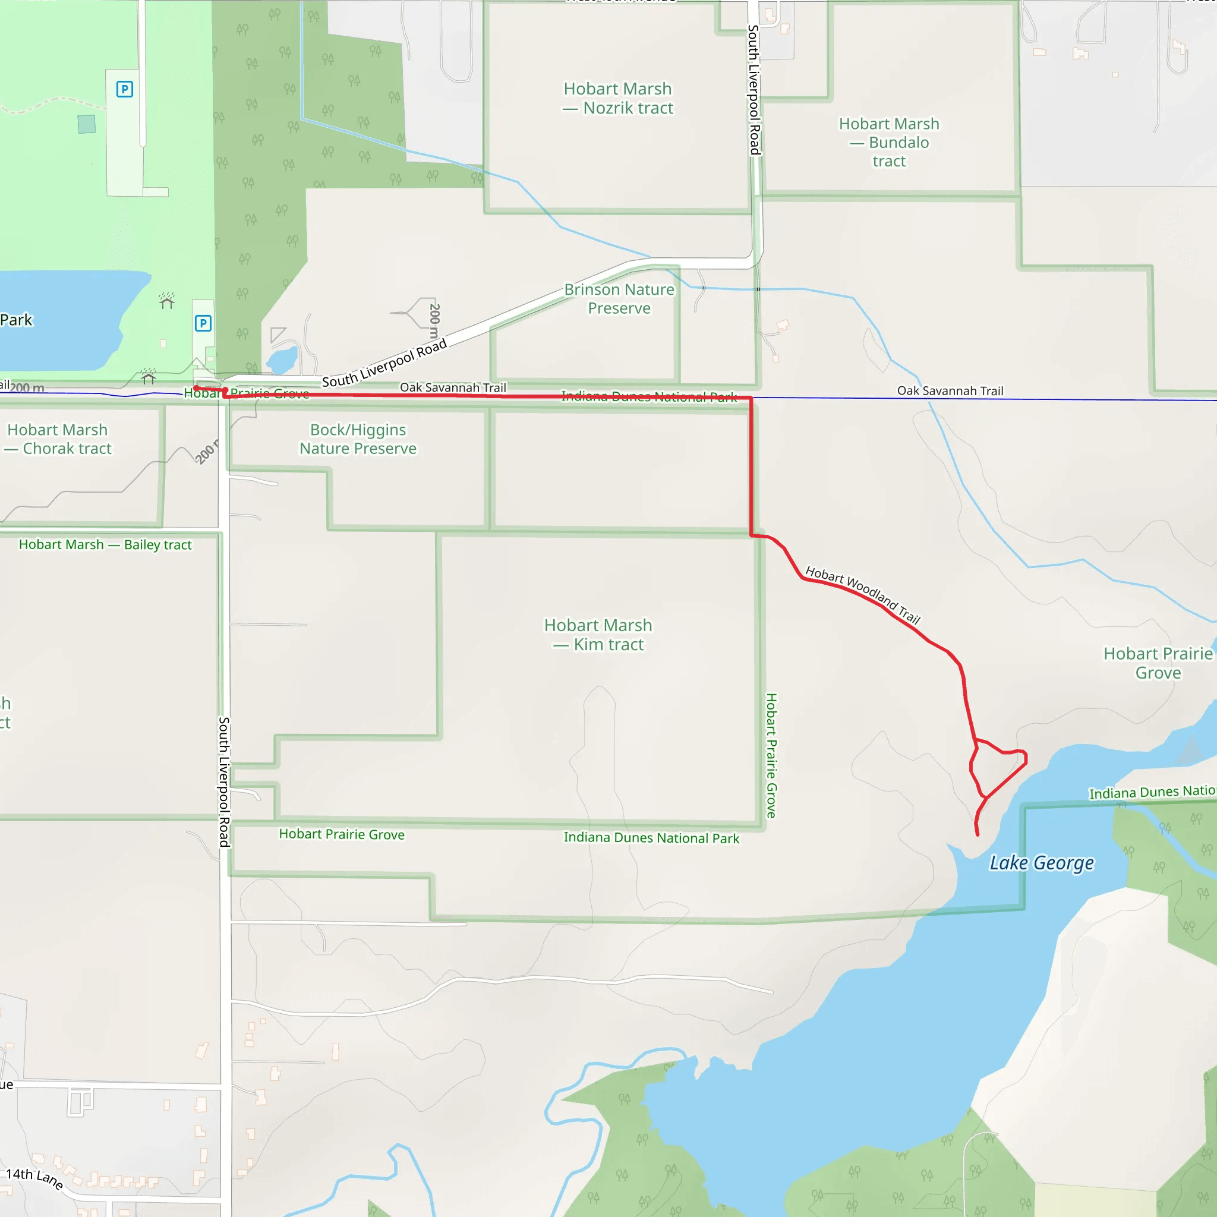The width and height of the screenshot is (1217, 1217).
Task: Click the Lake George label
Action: pyautogui.click(x=1041, y=863)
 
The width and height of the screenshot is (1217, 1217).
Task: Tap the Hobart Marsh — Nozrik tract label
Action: pyautogui.click(x=617, y=98)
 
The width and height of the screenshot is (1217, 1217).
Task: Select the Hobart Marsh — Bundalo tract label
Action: pyautogui.click(x=889, y=143)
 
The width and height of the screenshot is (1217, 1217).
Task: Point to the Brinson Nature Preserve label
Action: pyautogui.click(x=619, y=298)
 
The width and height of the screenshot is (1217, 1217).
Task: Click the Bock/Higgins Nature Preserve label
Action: pyautogui.click(x=358, y=439)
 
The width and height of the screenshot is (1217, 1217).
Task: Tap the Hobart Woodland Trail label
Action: pyautogui.click(x=863, y=595)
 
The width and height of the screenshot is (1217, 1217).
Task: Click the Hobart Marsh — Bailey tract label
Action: pyautogui.click(x=105, y=545)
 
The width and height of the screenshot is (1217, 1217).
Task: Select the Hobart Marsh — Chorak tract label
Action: pyautogui.click(x=57, y=439)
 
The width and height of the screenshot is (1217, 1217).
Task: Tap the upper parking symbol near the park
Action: pyautogui.click(x=125, y=90)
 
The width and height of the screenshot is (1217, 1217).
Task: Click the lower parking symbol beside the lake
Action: pyautogui.click(x=203, y=324)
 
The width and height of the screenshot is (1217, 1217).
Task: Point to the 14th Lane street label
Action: pyautogui.click(x=34, y=1178)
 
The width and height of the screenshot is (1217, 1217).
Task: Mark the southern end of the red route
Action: pyautogui.click(x=978, y=835)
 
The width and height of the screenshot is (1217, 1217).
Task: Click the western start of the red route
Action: pyautogui.click(x=196, y=388)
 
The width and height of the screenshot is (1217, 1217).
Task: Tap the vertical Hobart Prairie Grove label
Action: pyautogui.click(x=771, y=755)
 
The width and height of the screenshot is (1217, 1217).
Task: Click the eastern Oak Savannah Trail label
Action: pyautogui.click(x=950, y=391)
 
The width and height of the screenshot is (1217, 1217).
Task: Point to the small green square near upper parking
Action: pyautogui.click(x=87, y=124)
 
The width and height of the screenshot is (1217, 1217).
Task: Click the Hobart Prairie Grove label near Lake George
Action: pyautogui.click(x=1158, y=663)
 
